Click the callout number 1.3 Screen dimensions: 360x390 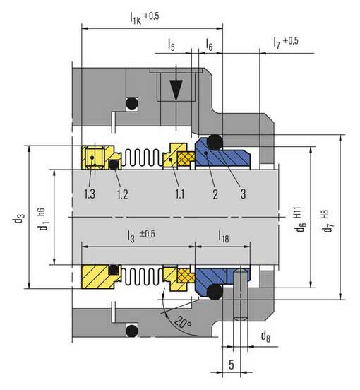(x=90, y=194)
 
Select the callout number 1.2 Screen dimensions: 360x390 (x=122, y=194)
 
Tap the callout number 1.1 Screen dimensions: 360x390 (x=179, y=194)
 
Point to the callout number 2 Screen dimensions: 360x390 (x=215, y=194)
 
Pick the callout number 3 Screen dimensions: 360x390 (x=243, y=194)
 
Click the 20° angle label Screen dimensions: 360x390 (x=183, y=322)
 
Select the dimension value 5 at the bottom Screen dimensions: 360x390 (x=232, y=365)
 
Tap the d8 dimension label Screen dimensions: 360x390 (x=265, y=336)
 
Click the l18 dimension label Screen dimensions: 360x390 (x=224, y=236)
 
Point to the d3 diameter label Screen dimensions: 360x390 (x=18, y=219)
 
